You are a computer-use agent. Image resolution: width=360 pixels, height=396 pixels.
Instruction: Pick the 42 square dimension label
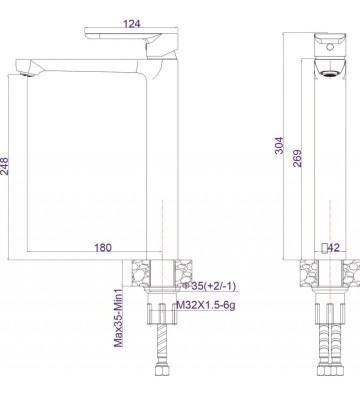pos(334,247)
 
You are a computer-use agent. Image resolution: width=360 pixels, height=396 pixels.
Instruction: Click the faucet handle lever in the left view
pos(126,37)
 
